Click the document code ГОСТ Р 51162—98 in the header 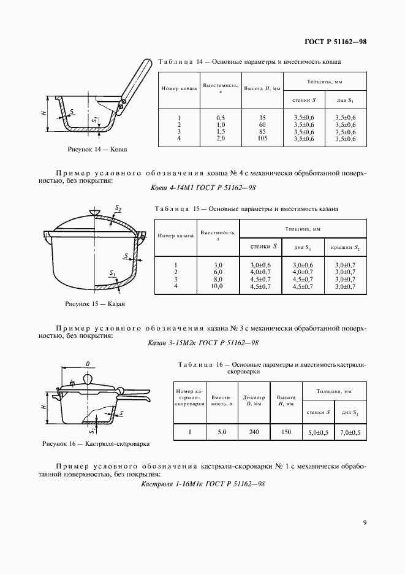pyautogui.click(x=335, y=42)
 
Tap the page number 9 pyautogui.click(x=365, y=522)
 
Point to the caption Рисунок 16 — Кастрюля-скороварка pyautogui.click(x=96, y=443)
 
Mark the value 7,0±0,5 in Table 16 pyautogui.click(x=351, y=432)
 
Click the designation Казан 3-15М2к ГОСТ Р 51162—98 pyautogui.click(x=202, y=343)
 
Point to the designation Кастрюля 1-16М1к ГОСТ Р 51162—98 pyautogui.click(x=202, y=484)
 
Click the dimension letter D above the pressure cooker pyautogui.click(x=88, y=364)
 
